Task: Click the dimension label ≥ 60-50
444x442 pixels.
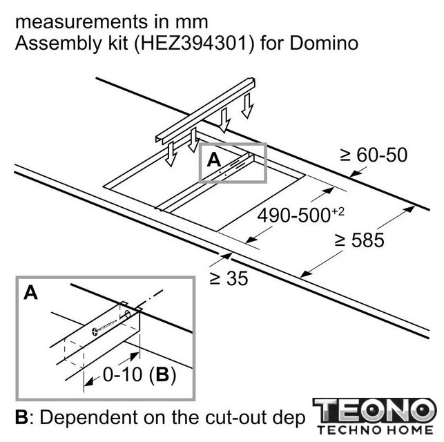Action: click(374, 155)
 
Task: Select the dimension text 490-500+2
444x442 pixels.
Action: click(301, 215)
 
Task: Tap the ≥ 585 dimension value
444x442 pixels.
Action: click(359, 240)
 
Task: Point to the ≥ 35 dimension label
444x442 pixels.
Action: click(229, 278)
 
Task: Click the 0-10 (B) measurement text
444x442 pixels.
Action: click(139, 374)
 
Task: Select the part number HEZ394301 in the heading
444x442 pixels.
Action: click(194, 44)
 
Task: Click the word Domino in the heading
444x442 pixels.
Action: click(324, 44)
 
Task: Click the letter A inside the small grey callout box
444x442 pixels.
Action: click(214, 160)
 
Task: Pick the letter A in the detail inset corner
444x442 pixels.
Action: click(30, 292)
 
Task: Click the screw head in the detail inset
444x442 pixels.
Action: click(95, 331)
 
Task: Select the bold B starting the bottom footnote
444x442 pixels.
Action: click(21, 417)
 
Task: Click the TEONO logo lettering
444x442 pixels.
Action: click(374, 410)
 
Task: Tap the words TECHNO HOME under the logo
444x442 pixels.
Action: click(375, 430)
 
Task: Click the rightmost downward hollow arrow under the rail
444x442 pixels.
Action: click(247, 106)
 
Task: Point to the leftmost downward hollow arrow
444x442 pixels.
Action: click(171, 153)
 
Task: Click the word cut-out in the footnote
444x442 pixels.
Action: click(234, 417)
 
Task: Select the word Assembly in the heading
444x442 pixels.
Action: click(59, 44)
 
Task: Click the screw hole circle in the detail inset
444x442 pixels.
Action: click(127, 314)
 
